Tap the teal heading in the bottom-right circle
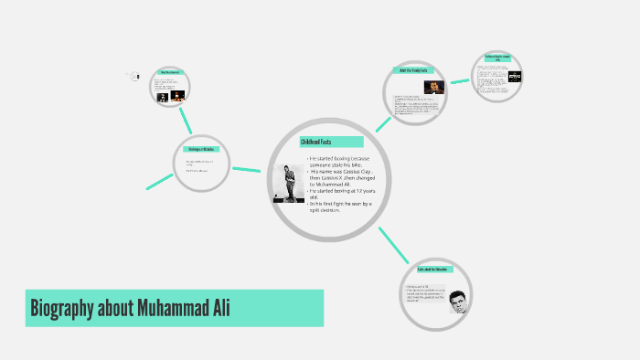431,270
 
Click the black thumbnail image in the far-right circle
515,77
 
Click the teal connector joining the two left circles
187,120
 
